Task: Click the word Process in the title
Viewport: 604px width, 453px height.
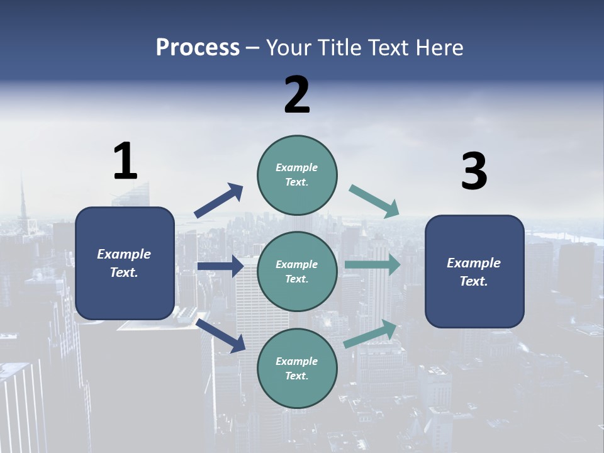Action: (x=198, y=48)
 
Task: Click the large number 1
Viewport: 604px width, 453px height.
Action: (x=125, y=161)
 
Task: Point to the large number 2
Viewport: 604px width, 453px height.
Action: (x=297, y=95)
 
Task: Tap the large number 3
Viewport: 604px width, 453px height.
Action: (x=474, y=172)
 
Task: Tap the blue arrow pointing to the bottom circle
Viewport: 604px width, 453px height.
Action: (x=221, y=335)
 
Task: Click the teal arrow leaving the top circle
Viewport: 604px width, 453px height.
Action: (x=374, y=201)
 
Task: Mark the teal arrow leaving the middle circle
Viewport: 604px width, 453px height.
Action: (x=372, y=264)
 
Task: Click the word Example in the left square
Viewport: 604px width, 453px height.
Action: (x=124, y=254)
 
